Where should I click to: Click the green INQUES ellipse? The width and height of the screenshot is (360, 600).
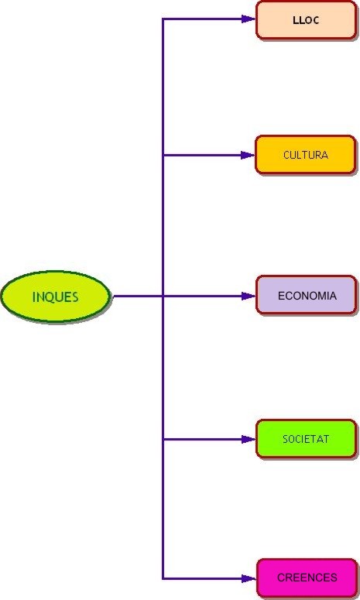tap(56, 297)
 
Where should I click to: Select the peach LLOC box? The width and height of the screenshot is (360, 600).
tap(306, 20)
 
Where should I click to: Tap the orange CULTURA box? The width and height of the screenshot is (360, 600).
tap(306, 155)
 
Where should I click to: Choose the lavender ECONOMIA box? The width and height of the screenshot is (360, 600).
tap(307, 296)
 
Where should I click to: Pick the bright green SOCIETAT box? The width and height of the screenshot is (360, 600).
tap(306, 439)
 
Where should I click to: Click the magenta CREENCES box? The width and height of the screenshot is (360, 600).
tap(307, 578)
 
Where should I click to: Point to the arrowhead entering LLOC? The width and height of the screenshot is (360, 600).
tap(249, 19)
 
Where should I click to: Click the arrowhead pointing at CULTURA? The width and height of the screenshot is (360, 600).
tap(249, 155)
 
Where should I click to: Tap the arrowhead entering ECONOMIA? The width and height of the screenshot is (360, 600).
tap(249, 296)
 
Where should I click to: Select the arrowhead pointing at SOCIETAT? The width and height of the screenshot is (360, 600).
tap(249, 439)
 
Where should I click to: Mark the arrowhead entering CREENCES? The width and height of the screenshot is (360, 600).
tap(249, 578)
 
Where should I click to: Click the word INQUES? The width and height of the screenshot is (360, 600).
tap(56, 297)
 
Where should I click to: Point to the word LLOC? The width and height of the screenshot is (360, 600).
tap(306, 20)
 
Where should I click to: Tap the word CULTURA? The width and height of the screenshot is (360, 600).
tap(306, 155)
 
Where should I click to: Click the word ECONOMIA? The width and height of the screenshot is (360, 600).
tap(307, 296)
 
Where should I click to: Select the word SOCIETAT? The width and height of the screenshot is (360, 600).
tap(306, 439)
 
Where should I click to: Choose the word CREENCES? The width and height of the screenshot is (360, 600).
tap(307, 578)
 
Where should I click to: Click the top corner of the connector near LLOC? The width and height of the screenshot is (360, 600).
tap(163, 19)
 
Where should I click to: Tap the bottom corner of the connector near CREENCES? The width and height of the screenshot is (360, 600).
tap(163, 578)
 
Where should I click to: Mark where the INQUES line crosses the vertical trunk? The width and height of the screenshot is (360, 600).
tap(163, 296)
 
